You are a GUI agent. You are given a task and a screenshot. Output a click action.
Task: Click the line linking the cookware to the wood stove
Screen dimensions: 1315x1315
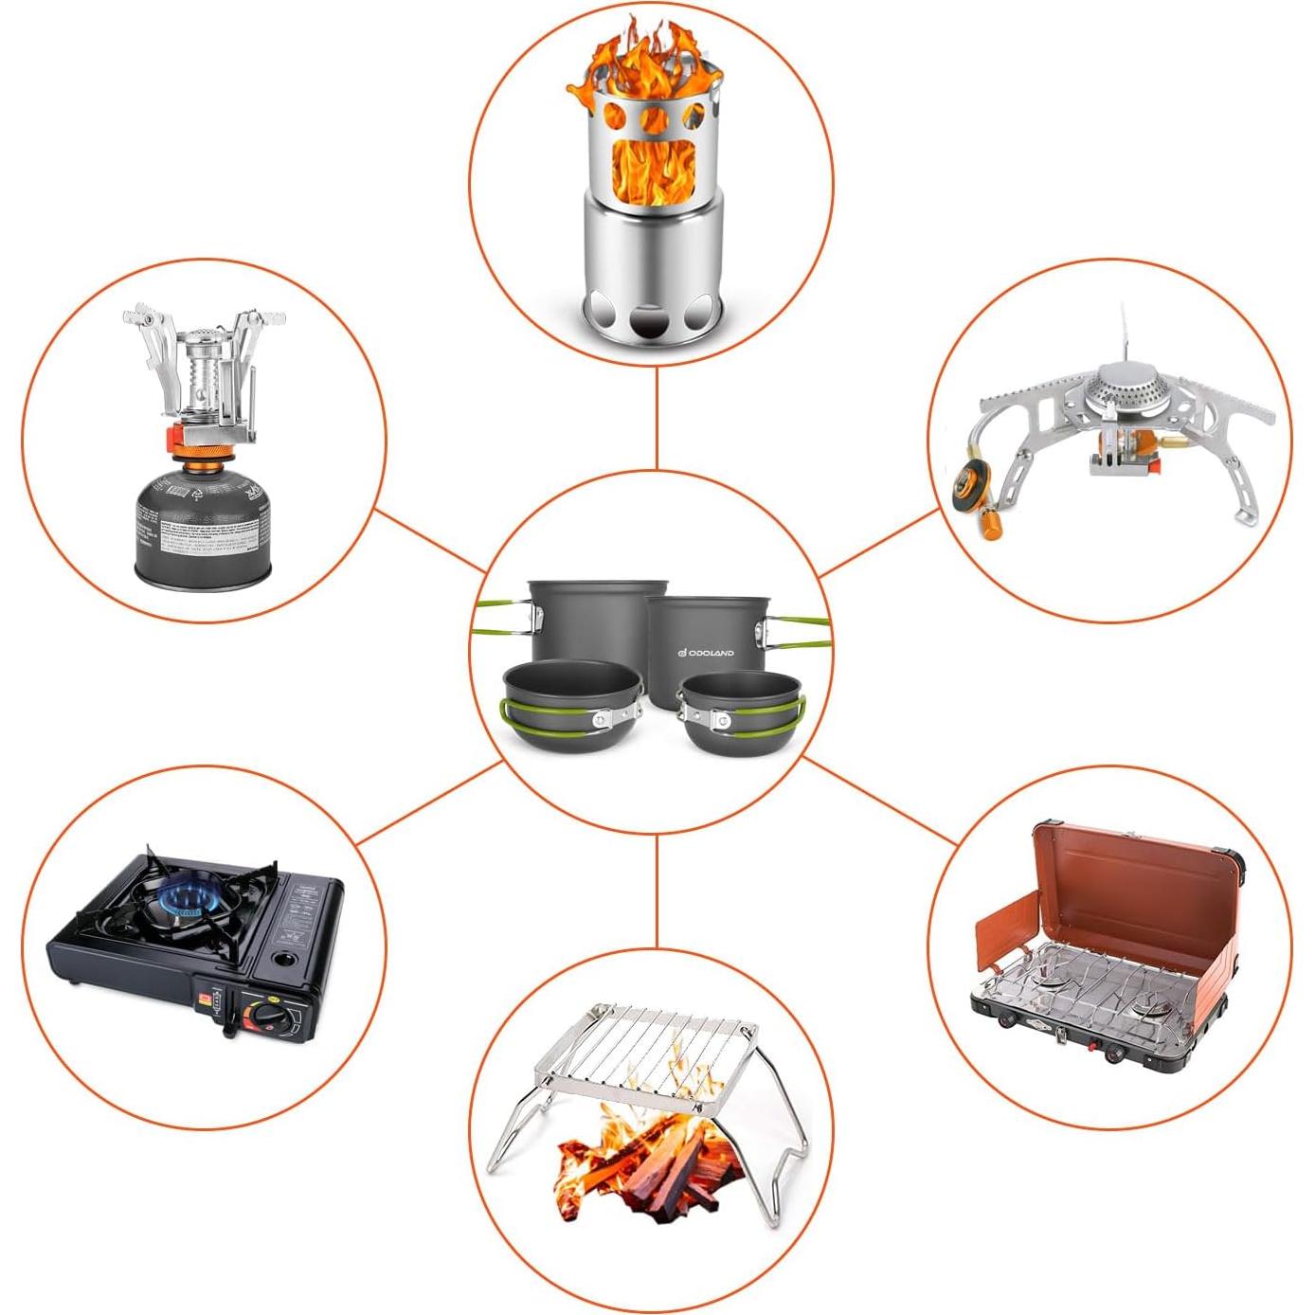[657, 417]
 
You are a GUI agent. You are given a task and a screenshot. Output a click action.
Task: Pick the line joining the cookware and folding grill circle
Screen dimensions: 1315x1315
[657, 891]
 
